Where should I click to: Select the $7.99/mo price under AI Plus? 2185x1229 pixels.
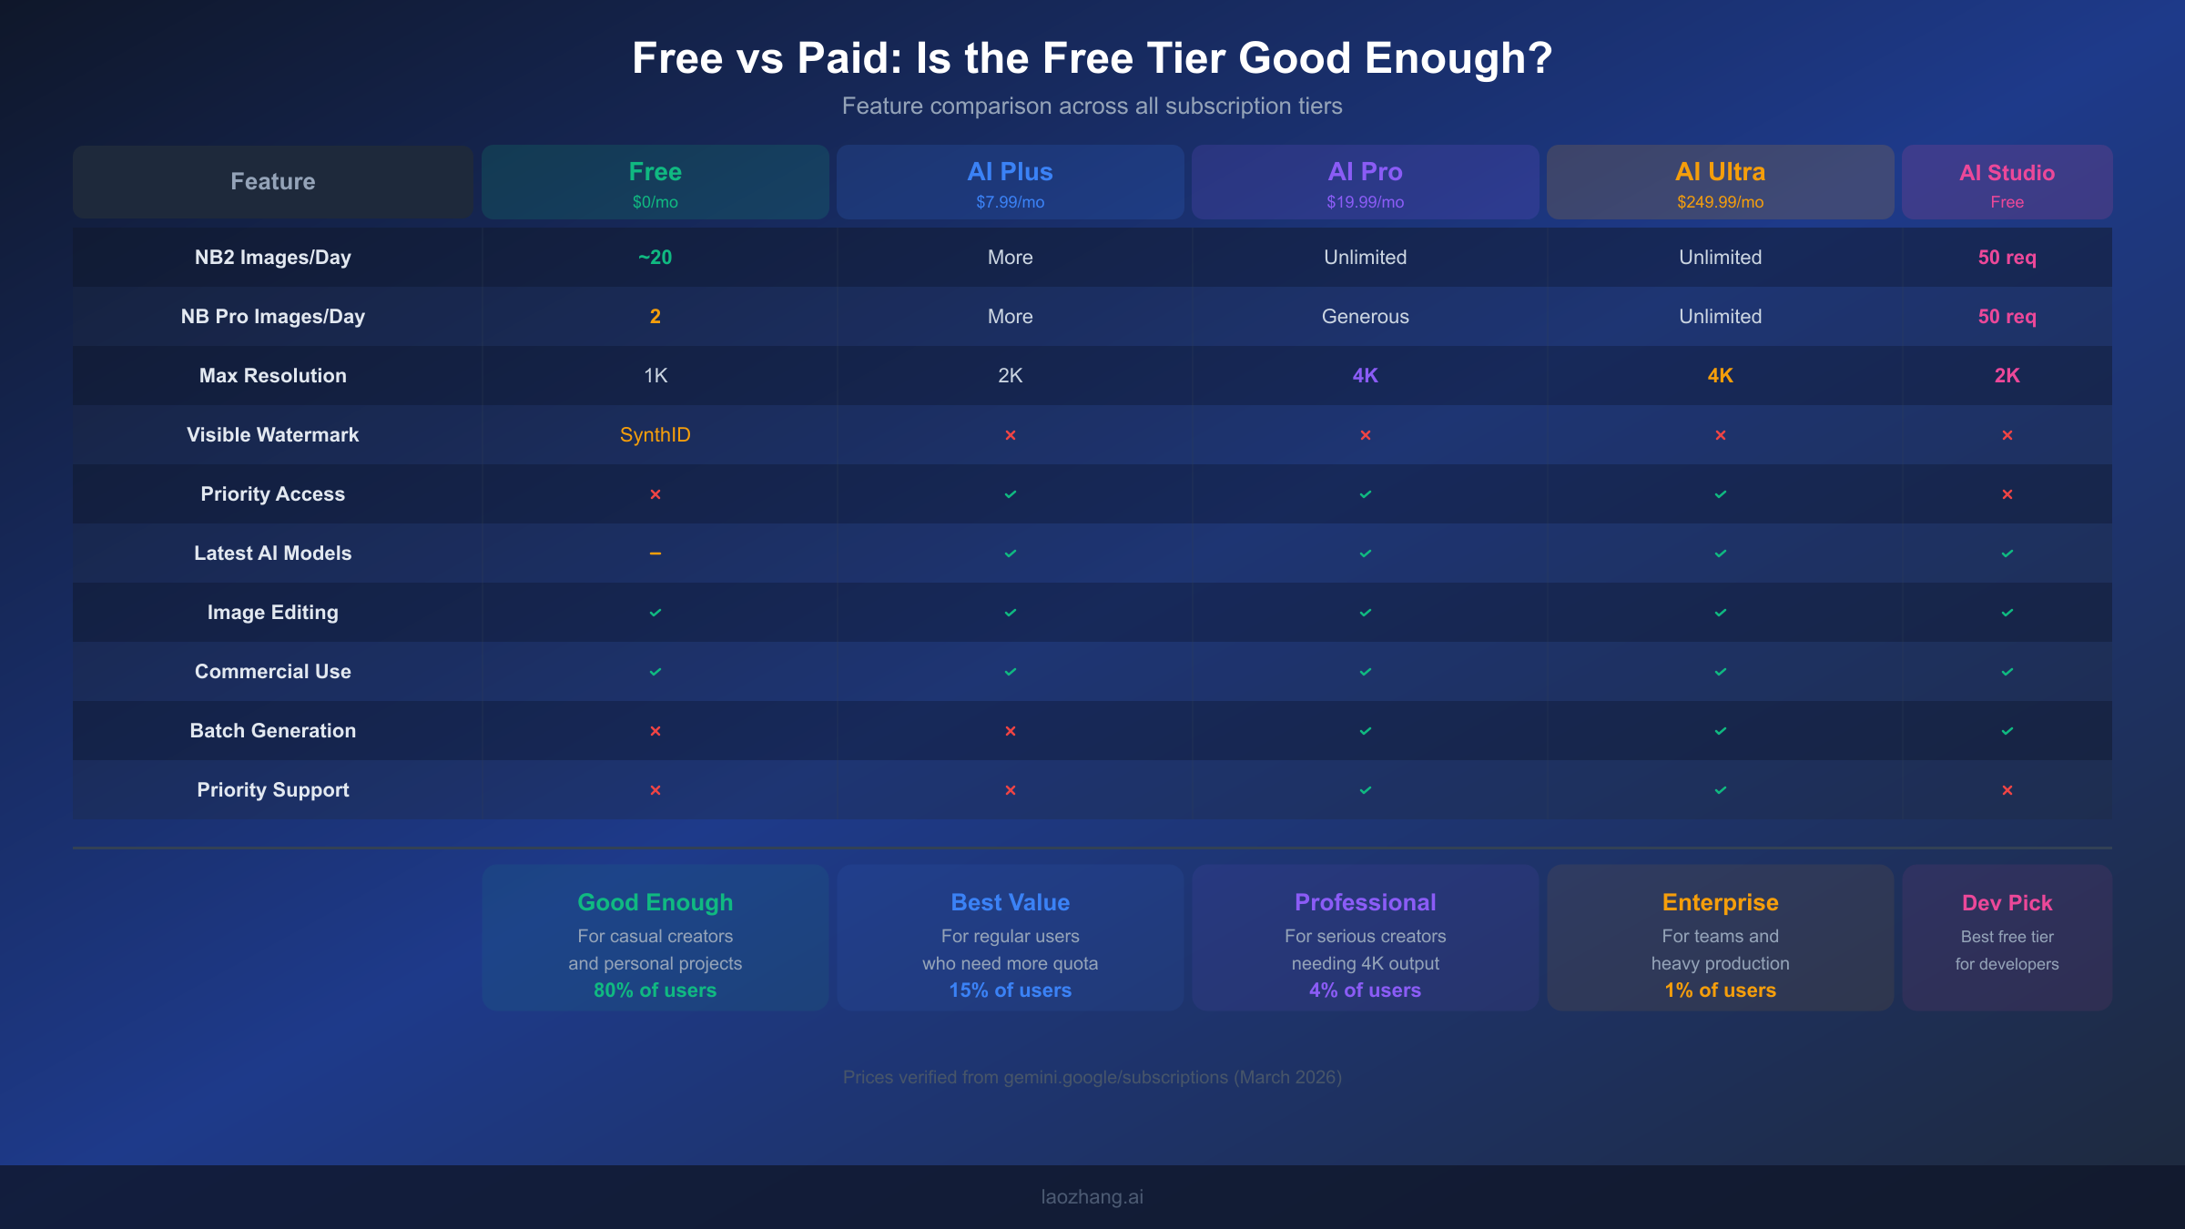tap(1010, 202)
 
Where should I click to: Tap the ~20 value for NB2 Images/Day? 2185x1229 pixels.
tap(655, 258)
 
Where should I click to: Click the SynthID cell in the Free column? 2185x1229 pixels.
tap(655, 435)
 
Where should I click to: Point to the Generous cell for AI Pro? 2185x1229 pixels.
tap(1365, 317)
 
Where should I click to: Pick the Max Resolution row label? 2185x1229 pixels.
tap(272, 376)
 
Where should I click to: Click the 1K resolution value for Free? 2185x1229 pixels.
tap(655, 376)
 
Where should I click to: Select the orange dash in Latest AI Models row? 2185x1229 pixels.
tap(655, 554)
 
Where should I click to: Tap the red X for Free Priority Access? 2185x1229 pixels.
tap(655, 494)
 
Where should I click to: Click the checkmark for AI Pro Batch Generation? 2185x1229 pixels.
tap(1365, 731)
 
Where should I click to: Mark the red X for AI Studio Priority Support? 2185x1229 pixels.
tap(2007, 790)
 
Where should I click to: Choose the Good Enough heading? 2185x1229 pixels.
tap(655, 902)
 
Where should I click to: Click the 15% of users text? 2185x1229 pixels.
tap(1010, 990)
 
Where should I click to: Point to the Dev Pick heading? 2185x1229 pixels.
tap(2007, 903)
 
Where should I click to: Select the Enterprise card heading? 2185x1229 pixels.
tap(1720, 902)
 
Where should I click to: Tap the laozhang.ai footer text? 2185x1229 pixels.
tap(1092, 1197)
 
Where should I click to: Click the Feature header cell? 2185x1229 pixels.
tap(272, 182)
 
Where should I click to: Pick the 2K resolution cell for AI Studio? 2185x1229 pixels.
tap(2007, 376)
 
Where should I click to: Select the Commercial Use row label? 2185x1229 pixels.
tap(272, 672)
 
